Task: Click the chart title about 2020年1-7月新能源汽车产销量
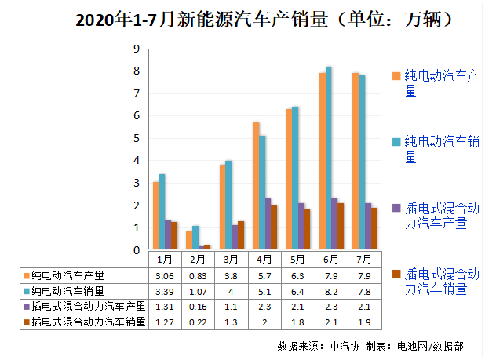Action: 242,19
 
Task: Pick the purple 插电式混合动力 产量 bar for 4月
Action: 268,224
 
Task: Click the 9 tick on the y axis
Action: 137,49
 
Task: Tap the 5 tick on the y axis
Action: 137,139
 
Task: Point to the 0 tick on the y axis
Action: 137,251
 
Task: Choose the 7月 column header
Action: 364,259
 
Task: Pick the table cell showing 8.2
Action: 331,291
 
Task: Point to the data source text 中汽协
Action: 343,346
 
